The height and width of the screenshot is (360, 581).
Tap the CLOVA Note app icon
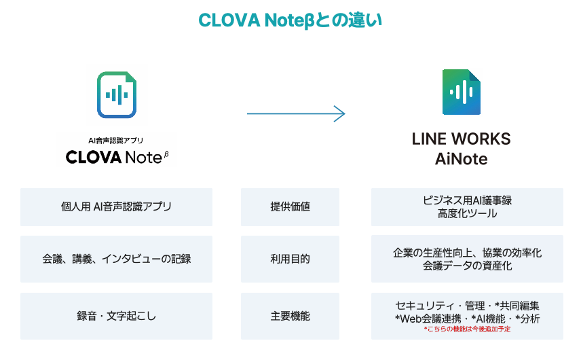pos(116,94)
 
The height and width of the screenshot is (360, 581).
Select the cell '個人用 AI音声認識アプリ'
pos(116,206)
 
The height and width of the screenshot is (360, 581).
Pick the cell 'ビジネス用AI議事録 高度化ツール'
pos(466,206)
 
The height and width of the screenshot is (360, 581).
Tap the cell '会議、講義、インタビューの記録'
pos(116,259)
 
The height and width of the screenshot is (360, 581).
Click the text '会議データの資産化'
pos(467,266)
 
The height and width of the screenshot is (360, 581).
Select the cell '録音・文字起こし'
pos(116,316)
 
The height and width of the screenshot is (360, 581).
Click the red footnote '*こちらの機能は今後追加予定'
pos(467,329)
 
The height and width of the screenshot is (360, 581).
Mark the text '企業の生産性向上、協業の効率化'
pos(467,252)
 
